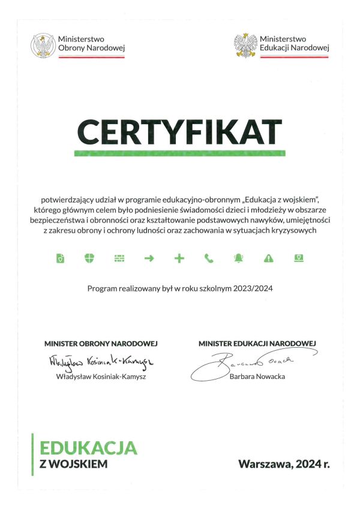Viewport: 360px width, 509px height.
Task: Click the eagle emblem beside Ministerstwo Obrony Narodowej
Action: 43,45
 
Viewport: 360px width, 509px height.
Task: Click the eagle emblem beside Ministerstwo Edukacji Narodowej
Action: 245,45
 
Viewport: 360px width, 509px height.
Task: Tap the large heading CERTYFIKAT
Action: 179,132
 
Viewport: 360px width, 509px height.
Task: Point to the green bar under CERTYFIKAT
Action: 179,153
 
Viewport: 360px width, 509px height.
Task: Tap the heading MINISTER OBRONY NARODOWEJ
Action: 101,344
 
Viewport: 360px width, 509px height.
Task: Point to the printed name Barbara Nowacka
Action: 257,376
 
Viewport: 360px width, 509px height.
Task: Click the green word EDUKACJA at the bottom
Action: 88,447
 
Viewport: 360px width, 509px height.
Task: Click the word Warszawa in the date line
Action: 262,463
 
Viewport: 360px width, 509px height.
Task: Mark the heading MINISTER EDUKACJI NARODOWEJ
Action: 257,343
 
